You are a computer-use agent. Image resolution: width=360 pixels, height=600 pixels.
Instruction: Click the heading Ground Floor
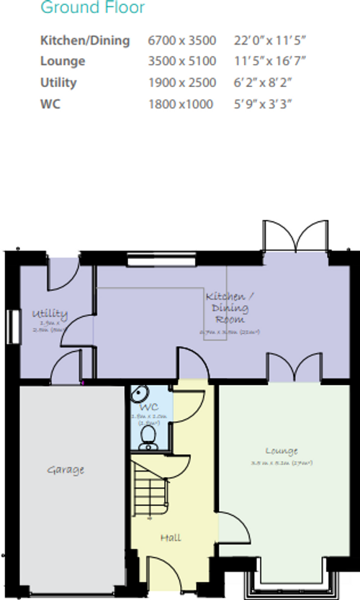pyautogui.click(x=92, y=9)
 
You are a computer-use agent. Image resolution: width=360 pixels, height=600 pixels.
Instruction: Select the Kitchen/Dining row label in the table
pyautogui.click(x=85, y=40)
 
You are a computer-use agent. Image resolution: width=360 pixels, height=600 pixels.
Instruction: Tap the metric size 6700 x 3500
pyautogui.click(x=182, y=40)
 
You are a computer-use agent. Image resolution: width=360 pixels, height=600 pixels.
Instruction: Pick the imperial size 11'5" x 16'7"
pyautogui.click(x=264, y=62)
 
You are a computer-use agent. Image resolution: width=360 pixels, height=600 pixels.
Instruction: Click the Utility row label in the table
pyautogui.click(x=58, y=83)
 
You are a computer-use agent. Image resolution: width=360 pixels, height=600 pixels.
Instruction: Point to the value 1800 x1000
pyautogui.click(x=181, y=104)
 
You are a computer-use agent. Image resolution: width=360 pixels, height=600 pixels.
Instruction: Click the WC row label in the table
pyautogui.click(x=50, y=104)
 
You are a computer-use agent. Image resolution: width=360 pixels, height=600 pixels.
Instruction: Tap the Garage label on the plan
pyautogui.click(x=66, y=470)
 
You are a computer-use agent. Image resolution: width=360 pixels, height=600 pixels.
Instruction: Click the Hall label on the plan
pyautogui.click(x=171, y=537)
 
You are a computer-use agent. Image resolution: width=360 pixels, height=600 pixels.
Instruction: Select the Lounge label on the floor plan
pyautogui.click(x=281, y=451)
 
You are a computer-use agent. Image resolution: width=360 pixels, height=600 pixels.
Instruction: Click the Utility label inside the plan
pyautogui.click(x=49, y=314)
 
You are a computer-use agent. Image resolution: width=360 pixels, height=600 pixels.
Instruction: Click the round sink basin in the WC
pyautogui.click(x=140, y=394)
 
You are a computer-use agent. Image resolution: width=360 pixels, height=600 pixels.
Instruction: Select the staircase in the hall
pyautogui.click(x=150, y=489)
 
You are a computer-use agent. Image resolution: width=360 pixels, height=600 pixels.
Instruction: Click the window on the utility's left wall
pyautogui.click(x=12, y=327)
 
